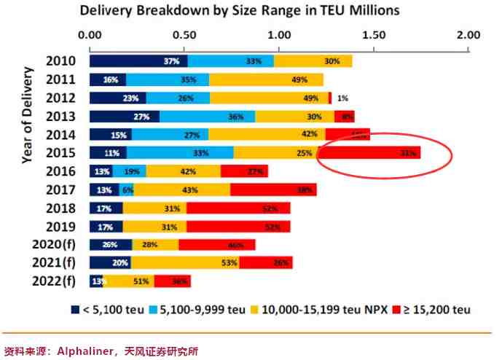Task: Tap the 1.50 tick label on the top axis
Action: tap(374, 34)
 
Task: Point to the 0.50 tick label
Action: tap(184, 34)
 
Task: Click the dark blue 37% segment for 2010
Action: tap(138, 61)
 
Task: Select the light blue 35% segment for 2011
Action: tap(168, 79)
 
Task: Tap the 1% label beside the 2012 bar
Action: tap(342, 98)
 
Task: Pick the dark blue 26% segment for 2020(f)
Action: tap(111, 244)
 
